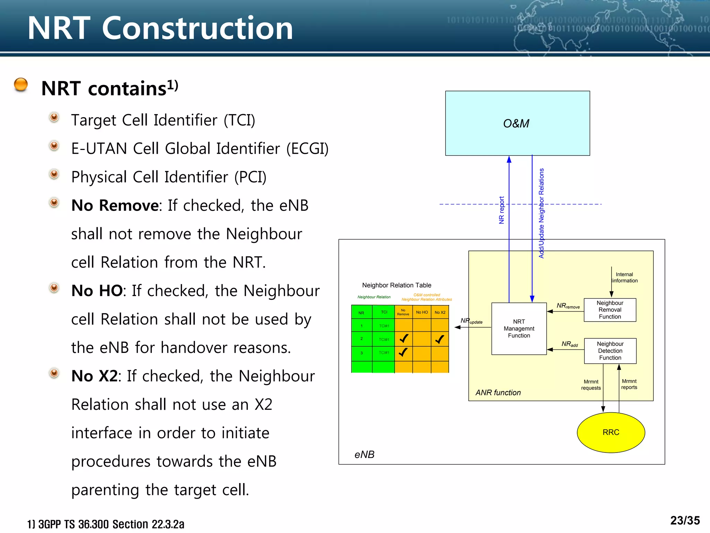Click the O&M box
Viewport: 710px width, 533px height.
point(517,123)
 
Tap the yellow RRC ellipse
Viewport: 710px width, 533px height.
point(611,432)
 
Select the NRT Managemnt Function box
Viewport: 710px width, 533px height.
point(519,329)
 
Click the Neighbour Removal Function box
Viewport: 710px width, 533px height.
point(610,310)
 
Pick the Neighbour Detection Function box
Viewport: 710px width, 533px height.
point(610,351)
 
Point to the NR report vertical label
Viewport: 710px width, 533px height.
point(501,210)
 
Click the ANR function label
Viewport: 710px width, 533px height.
point(498,392)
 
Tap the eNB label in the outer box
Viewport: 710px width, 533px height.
point(364,455)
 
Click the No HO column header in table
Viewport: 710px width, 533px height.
point(422,312)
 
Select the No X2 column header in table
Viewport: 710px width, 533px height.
point(440,312)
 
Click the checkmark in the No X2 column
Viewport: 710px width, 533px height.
point(440,339)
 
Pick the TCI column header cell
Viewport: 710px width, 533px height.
point(384,312)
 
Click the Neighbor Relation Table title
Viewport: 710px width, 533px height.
point(397,285)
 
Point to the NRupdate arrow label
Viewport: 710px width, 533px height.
point(471,321)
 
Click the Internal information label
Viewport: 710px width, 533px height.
point(624,278)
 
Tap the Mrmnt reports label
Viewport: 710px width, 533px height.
point(629,384)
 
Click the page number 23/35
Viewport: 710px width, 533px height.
point(685,521)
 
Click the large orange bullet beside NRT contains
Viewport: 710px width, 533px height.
point(21,85)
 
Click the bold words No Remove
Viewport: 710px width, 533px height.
point(115,205)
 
